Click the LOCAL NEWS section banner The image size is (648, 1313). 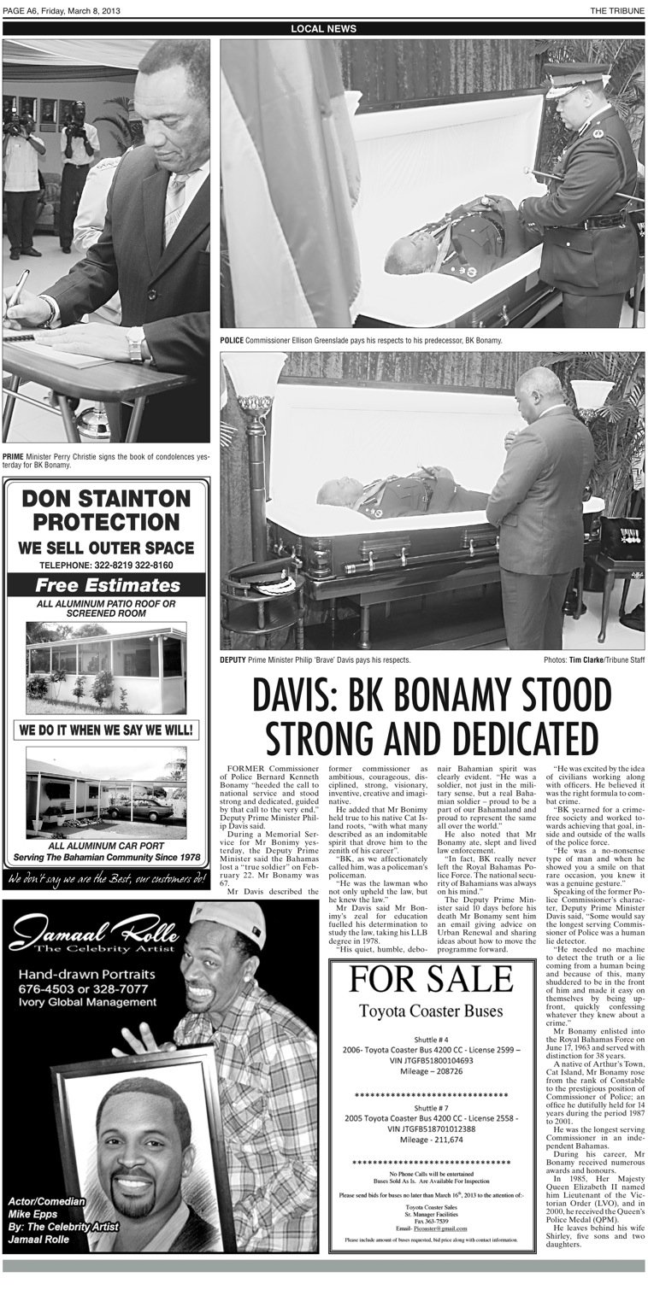click(x=323, y=28)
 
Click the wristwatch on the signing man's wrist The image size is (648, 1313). click(x=135, y=344)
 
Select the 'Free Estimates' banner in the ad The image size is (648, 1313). click(x=107, y=585)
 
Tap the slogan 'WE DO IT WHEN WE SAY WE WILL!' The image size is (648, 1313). click(x=107, y=730)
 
